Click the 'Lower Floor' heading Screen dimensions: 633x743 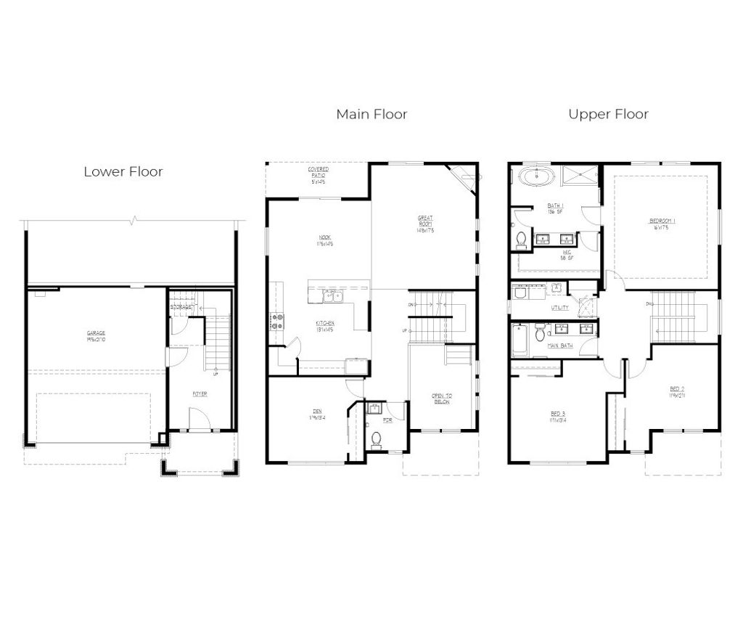(x=123, y=172)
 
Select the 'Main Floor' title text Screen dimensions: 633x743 (x=371, y=114)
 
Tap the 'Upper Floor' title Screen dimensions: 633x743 (x=608, y=114)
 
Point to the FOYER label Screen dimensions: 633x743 (x=200, y=394)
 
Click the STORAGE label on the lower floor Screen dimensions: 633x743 (x=182, y=307)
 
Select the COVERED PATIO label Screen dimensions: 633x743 (x=318, y=174)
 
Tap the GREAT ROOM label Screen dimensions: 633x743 (x=425, y=224)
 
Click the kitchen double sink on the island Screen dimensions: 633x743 (x=333, y=295)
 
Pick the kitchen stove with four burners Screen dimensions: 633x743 (x=276, y=321)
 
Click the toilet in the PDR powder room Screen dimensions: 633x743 (x=375, y=438)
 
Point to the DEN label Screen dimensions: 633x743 (x=316, y=414)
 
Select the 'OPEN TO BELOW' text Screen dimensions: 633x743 (x=442, y=399)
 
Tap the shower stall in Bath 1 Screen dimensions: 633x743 (x=582, y=176)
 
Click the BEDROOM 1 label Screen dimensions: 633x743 (x=662, y=223)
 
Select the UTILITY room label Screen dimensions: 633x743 (x=559, y=308)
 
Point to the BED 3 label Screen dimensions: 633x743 (x=557, y=416)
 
